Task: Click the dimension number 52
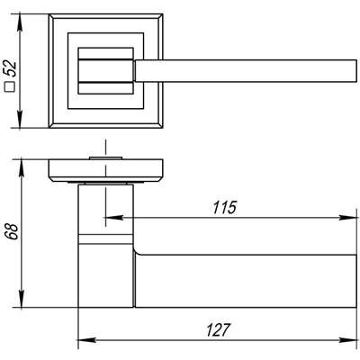(x=11, y=69)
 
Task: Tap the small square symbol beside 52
(x=11, y=86)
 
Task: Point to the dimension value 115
(x=225, y=208)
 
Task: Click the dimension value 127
(x=218, y=330)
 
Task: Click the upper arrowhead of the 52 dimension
(x=20, y=22)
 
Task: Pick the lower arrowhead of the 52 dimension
(x=20, y=120)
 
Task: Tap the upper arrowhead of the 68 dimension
(x=22, y=167)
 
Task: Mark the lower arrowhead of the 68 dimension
(x=22, y=299)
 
